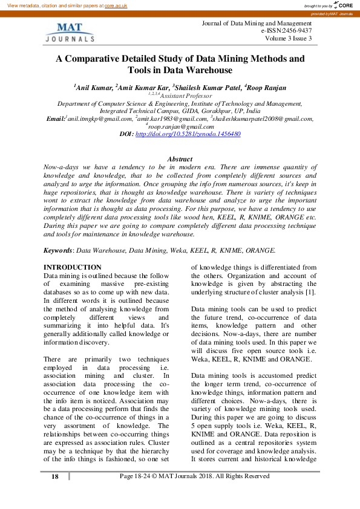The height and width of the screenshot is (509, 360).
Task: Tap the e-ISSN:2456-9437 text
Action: pos(286,31)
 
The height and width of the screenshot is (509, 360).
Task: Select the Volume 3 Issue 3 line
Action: pos(288,39)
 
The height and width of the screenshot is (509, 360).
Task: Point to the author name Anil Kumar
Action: pos(93,88)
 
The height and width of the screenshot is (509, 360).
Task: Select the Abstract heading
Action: pos(180,158)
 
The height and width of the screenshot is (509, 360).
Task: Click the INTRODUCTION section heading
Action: pos(73,267)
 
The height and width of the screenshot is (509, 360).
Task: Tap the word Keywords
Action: pos(58,250)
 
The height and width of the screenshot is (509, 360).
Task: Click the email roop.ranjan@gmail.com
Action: pos(181,126)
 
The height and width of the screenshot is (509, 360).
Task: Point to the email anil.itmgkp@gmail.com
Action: pos(91,119)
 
